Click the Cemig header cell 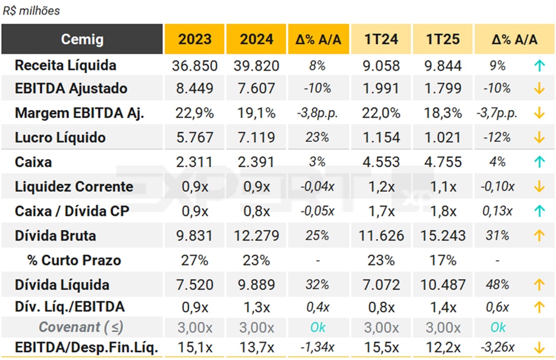pyautogui.click(x=82, y=39)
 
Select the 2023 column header pyautogui.click(x=194, y=39)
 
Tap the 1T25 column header pyautogui.click(x=443, y=39)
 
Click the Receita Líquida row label pyautogui.click(x=66, y=65)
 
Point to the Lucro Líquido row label pyautogui.click(x=60, y=137)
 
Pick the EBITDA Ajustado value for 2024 pyautogui.click(x=256, y=89)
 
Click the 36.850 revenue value pyautogui.click(x=194, y=66)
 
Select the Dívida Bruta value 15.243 pyautogui.click(x=443, y=236)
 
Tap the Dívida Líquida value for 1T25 pyautogui.click(x=443, y=285)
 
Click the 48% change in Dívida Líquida pyautogui.click(x=498, y=285)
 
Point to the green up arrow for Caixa pyautogui.click(x=539, y=162)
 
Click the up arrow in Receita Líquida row pyautogui.click(x=539, y=66)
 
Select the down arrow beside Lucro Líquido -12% pyautogui.click(x=539, y=137)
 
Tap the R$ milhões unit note pyautogui.click(x=31, y=11)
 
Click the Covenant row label pyautogui.click(x=81, y=327)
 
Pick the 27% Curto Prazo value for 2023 pyautogui.click(x=194, y=261)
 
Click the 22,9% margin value pyautogui.click(x=194, y=113)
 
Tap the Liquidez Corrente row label pyautogui.click(x=74, y=187)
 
